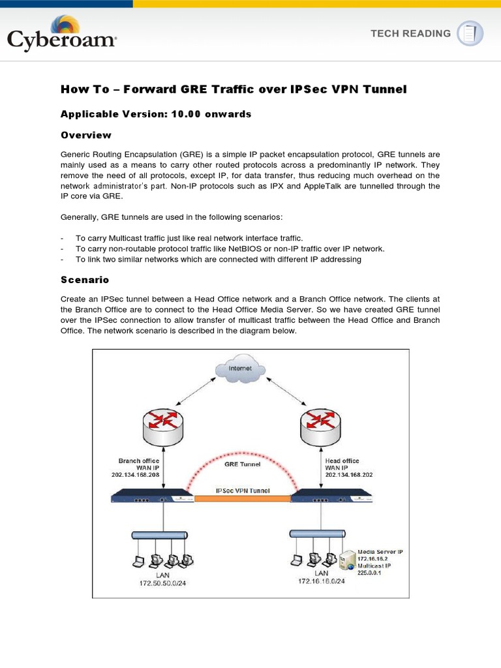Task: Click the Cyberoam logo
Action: pos(62,34)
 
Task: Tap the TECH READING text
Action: pos(411,33)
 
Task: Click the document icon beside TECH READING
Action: pos(470,33)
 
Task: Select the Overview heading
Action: pos(86,135)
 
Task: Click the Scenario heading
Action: pos(85,279)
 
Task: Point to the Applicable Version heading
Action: pos(156,114)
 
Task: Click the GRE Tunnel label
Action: pos(242,464)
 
